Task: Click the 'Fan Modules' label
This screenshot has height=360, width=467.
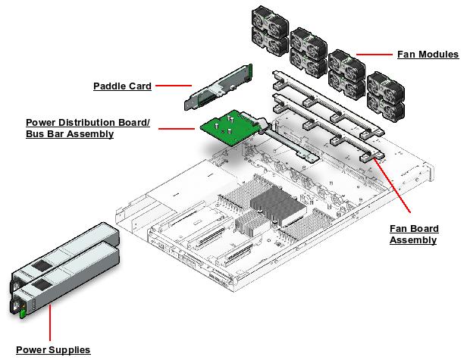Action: tap(428, 55)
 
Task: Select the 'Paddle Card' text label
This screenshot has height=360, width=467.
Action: tap(122, 86)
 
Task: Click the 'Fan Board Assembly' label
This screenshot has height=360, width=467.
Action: tap(414, 234)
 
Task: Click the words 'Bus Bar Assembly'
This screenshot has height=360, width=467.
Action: tap(70, 134)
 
